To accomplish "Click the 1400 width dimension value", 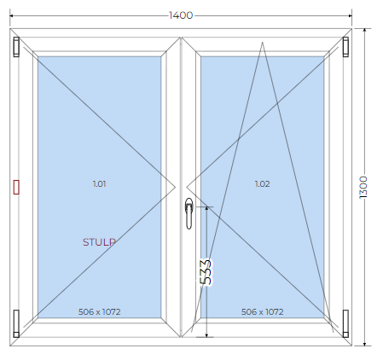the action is tap(181, 15).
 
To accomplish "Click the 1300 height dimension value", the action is tap(363, 187).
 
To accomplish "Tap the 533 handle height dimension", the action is tap(206, 272).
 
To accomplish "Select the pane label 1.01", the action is tap(99, 184).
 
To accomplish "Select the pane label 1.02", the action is tap(262, 184).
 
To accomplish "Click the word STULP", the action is tap(99, 242).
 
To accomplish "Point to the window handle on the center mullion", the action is tap(189, 213).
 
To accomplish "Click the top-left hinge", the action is tap(16, 47).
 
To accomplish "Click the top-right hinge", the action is tap(345, 47).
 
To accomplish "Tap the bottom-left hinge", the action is tap(16, 323).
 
